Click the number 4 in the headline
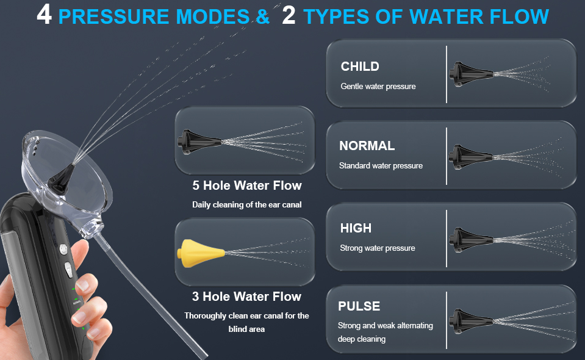pos(44,15)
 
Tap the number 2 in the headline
pos(289,15)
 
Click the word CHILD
pos(360,67)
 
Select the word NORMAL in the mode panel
pos(367,145)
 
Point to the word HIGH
pos(356,228)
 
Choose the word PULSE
pos(359,306)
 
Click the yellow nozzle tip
pos(201,253)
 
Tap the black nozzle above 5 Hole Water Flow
pos(199,142)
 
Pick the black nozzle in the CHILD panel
pos(471,74)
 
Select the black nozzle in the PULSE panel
pos(471,321)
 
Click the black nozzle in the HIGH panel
pos(471,240)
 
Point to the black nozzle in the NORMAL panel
pos(471,157)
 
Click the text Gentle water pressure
pos(378,87)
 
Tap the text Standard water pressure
pos(381,165)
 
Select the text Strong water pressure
pos(377,248)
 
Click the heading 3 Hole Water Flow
pos(246,297)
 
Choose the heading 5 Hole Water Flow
pos(246,185)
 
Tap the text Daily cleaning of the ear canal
pos(246,205)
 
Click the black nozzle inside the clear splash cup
pos(61,179)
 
